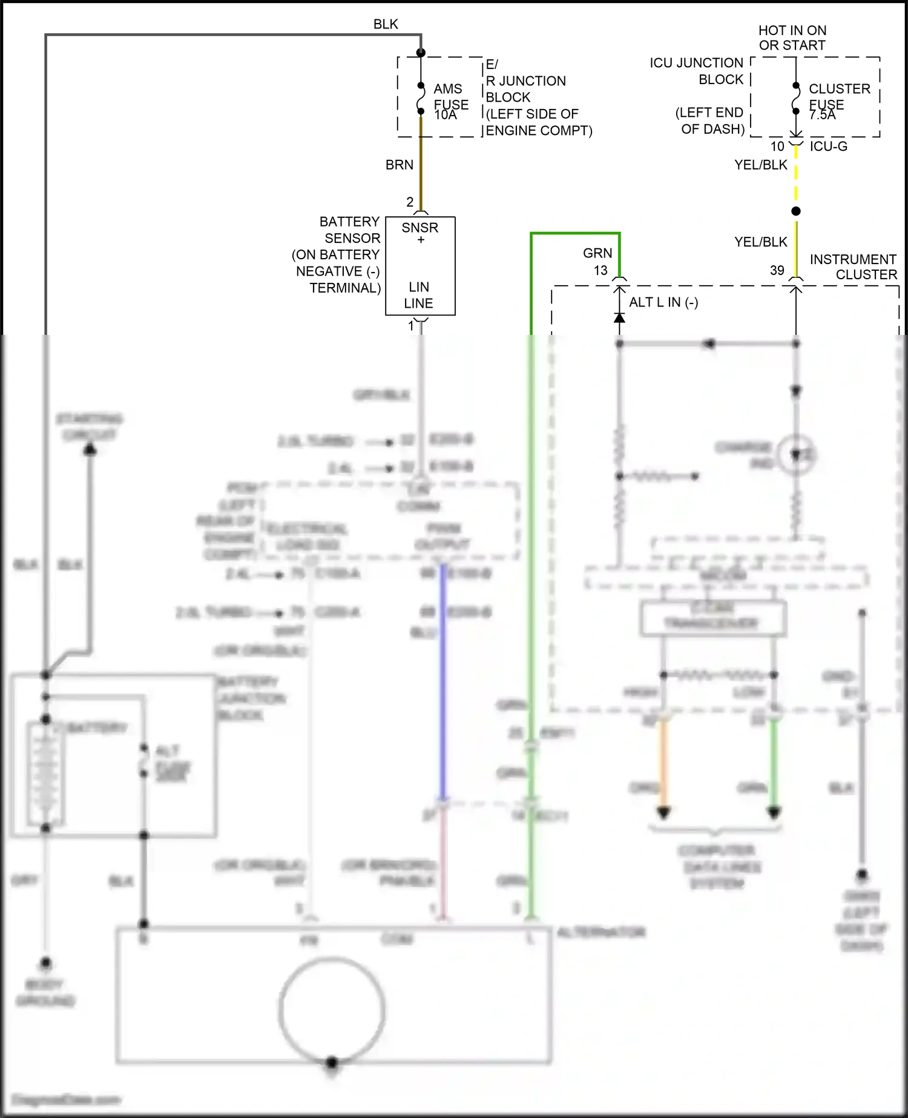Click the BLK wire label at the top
click(386, 24)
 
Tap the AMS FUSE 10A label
click(450, 101)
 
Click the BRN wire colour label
click(399, 165)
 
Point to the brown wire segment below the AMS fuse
click(421, 164)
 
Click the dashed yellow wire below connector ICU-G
click(796, 176)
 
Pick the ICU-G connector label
click(828, 147)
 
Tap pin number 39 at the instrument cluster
click(777, 270)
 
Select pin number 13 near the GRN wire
click(600, 270)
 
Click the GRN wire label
click(597, 253)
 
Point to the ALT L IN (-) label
click(663, 302)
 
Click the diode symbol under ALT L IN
click(619, 317)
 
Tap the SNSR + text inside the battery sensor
click(420, 233)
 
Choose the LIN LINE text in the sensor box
click(419, 295)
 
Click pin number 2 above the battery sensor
click(410, 202)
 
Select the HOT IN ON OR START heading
click(792, 38)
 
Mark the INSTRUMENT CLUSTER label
click(854, 267)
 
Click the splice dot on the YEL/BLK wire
click(796, 211)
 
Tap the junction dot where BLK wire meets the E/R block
click(421, 53)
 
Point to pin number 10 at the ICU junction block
click(777, 147)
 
